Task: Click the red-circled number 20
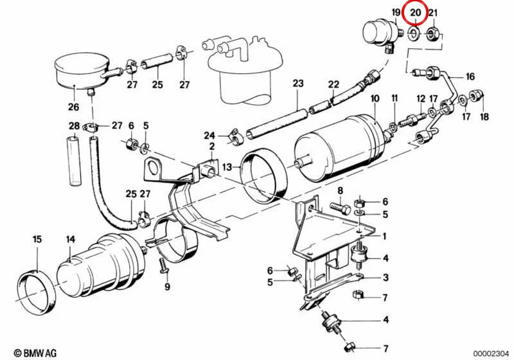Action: [x=415, y=13]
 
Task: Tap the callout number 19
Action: [x=396, y=13]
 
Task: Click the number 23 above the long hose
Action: [x=298, y=84]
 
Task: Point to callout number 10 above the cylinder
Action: [x=375, y=98]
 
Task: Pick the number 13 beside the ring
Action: [x=227, y=167]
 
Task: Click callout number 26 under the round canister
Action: [x=73, y=107]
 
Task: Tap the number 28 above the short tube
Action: [x=75, y=125]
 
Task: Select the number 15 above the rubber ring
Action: [x=37, y=239]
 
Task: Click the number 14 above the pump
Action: [x=71, y=240]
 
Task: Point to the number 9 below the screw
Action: [x=167, y=287]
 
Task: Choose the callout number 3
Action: [x=385, y=278]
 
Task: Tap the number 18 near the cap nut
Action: [x=484, y=116]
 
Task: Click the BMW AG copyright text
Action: [x=35, y=353]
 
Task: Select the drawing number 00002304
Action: [x=491, y=354]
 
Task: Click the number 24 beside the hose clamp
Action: [x=209, y=136]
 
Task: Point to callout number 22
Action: [x=333, y=84]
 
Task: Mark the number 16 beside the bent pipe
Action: [x=470, y=76]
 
